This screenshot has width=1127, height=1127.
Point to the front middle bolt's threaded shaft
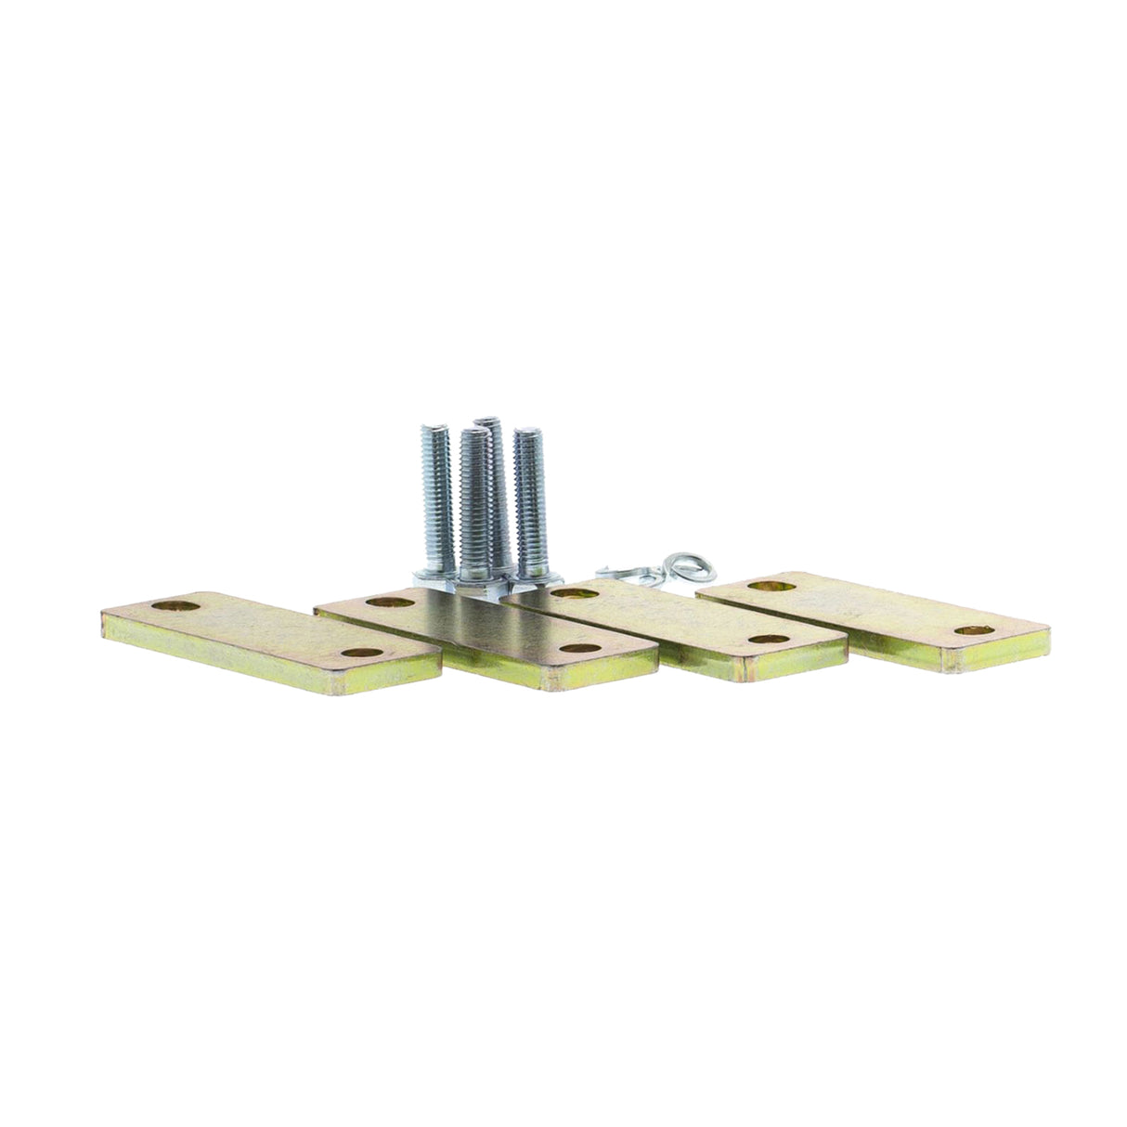point(473,501)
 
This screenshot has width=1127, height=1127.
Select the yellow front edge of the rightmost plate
point(993,659)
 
